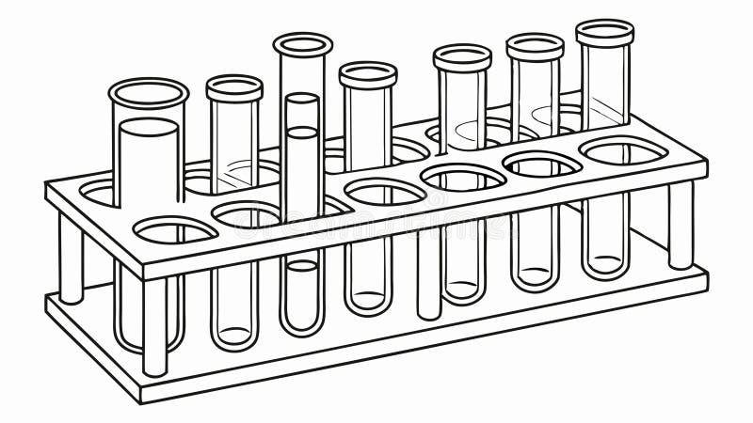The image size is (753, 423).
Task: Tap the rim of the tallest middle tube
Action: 303,44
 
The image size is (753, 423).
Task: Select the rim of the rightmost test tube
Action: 605,32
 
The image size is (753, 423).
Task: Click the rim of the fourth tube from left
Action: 368,74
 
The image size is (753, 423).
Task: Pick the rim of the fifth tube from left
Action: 462,56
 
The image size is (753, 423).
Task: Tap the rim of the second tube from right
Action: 535,45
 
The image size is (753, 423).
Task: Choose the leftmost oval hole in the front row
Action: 175,228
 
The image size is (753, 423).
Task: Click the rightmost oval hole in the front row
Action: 622,149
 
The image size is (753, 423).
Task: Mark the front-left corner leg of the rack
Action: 154,325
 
